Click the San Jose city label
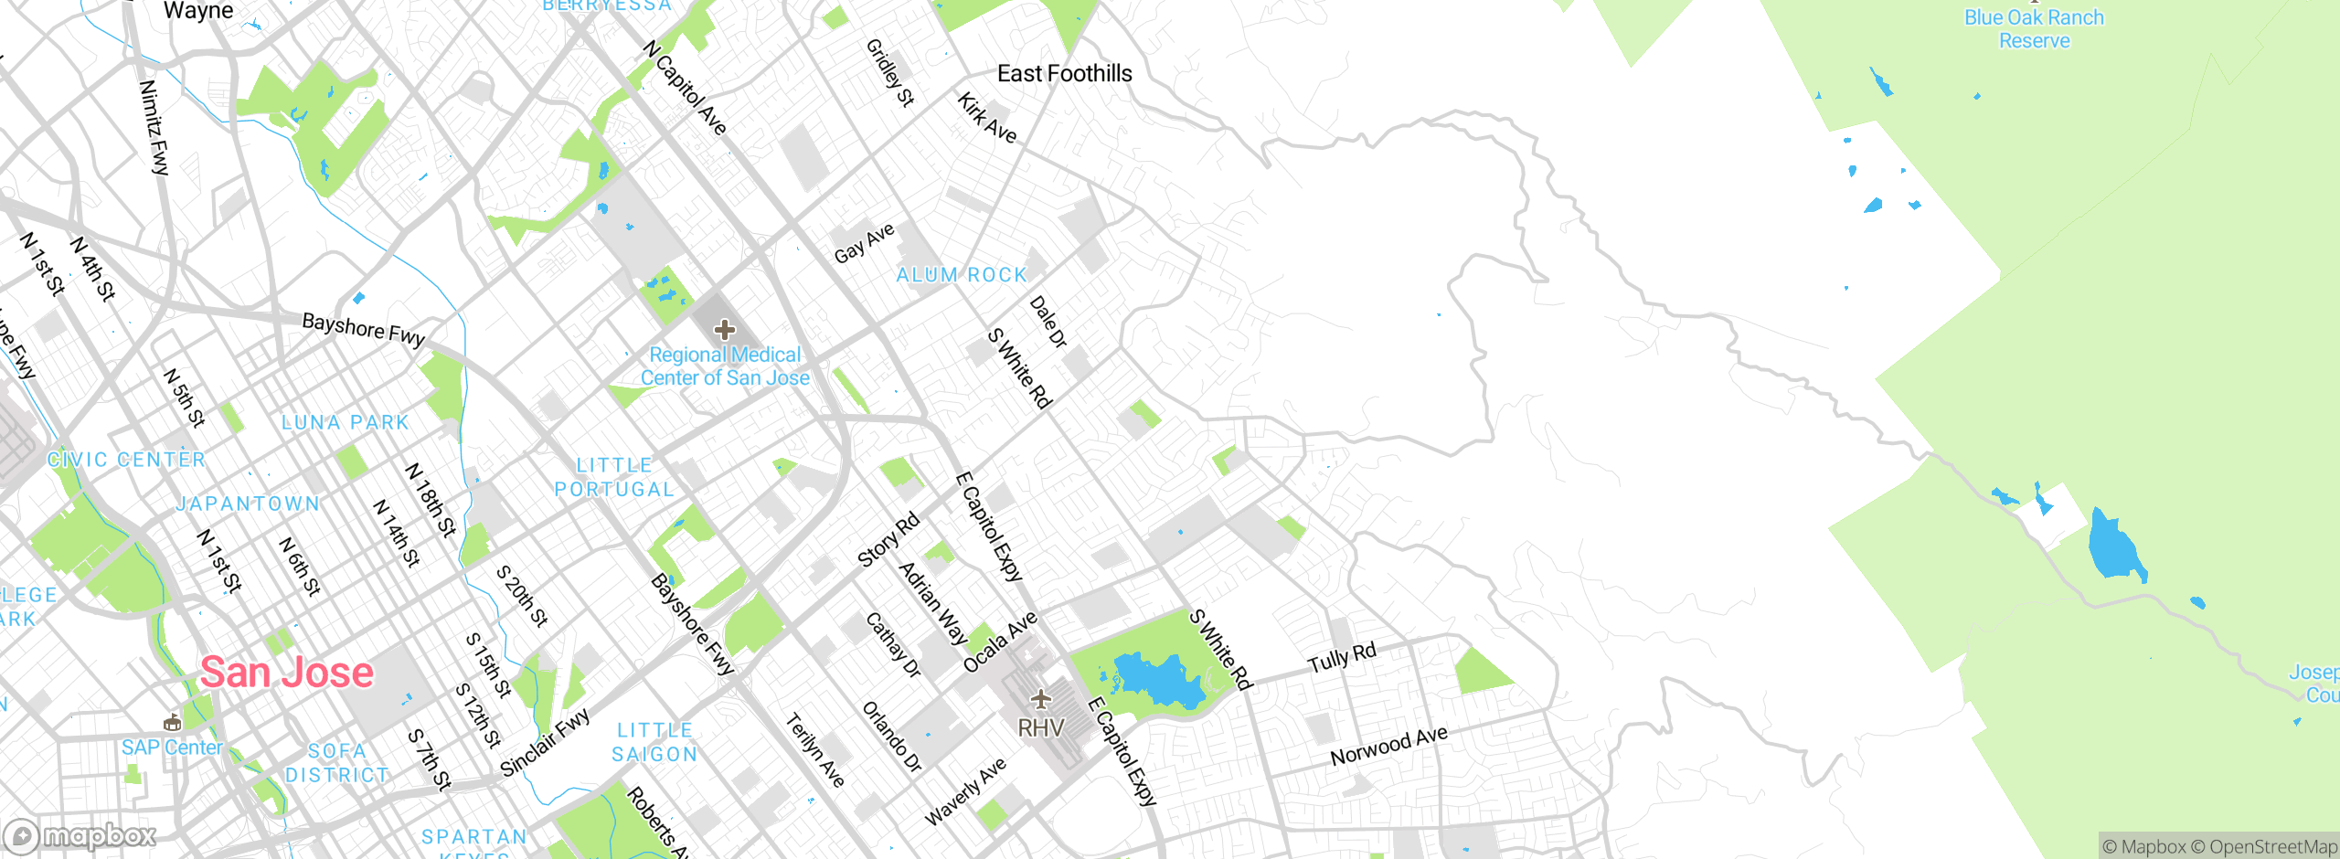pos(287,673)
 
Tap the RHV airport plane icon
pos(1040,700)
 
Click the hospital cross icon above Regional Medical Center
pos(725,330)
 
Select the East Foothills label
pos(1064,74)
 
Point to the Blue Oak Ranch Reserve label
pos(2034,29)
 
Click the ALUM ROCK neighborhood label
pos(962,275)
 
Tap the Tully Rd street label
pos(1341,658)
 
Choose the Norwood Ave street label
pos(1388,746)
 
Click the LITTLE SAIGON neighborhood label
pos(654,742)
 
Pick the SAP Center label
pos(172,748)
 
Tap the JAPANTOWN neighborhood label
pos(248,504)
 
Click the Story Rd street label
pos(888,540)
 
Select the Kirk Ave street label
pos(986,118)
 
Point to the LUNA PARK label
pos(345,422)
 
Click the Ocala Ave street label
pos(1000,642)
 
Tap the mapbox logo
pos(80,835)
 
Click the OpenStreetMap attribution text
pos(2264,847)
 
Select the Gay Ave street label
pos(864,243)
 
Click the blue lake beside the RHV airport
pos(1156,681)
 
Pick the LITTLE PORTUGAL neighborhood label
pos(614,477)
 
